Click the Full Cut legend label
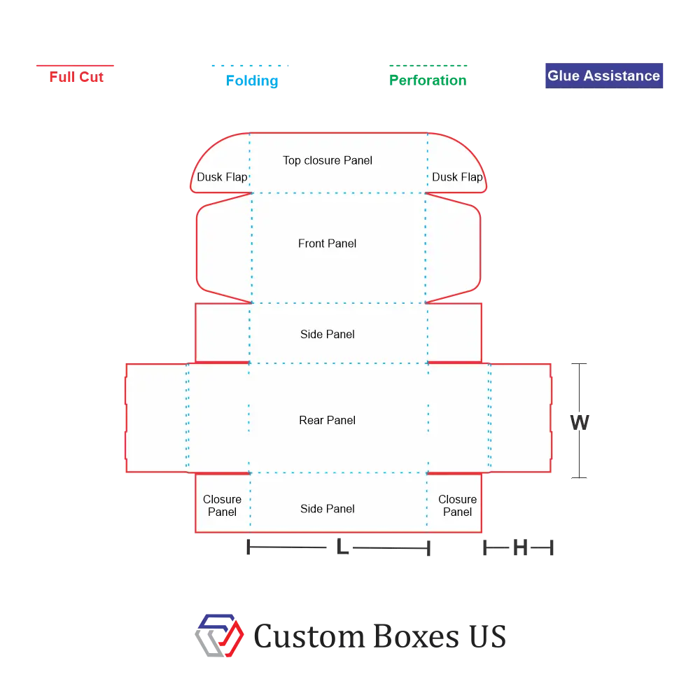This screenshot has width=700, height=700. [76, 77]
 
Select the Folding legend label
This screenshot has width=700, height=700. [252, 80]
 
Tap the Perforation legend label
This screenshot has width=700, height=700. [428, 80]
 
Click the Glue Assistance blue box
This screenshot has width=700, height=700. [604, 76]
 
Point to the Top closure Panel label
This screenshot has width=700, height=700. [327, 160]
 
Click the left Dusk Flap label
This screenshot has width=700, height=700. [222, 177]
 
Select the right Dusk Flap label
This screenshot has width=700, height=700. [457, 177]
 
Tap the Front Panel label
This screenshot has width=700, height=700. [327, 244]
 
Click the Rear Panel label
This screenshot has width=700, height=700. [327, 420]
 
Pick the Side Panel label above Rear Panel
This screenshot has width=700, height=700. [327, 335]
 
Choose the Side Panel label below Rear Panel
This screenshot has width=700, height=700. [327, 509]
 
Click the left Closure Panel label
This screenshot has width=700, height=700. [222, 505]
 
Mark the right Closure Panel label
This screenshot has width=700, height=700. [457, 505]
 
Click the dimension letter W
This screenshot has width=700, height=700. [580, 422]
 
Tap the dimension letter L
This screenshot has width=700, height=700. [342, 547]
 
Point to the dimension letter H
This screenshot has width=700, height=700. [520, 547]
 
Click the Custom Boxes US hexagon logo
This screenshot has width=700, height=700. [219, 636]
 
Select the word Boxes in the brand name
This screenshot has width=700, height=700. [416, 636]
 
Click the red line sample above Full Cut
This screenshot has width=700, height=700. [75, 66]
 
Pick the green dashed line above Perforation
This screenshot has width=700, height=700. [428, 66]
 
